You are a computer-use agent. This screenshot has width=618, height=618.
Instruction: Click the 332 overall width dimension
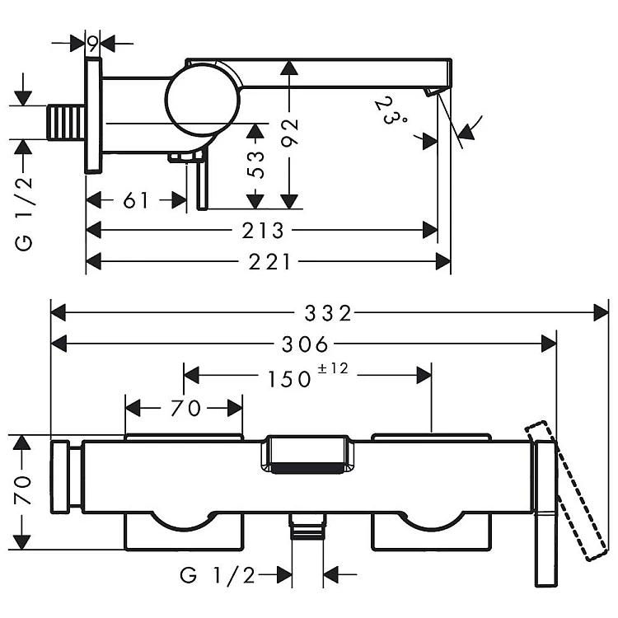[328, 313]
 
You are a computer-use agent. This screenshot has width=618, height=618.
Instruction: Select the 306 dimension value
[305, 344]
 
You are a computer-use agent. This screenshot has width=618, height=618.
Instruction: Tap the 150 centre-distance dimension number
[289, 380]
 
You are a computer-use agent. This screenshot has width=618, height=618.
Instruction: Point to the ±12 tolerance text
[333, 368]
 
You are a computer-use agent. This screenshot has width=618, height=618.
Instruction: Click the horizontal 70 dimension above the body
[186, 408]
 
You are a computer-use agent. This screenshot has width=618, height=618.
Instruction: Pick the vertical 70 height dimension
[23, 490]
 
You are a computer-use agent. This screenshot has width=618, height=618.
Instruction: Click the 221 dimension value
[270, 262]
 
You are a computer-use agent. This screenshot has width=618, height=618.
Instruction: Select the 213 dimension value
[263, 231]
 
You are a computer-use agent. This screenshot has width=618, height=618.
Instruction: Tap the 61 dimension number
[136, 200]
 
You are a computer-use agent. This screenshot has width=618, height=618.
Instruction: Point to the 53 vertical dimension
[255, 164]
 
